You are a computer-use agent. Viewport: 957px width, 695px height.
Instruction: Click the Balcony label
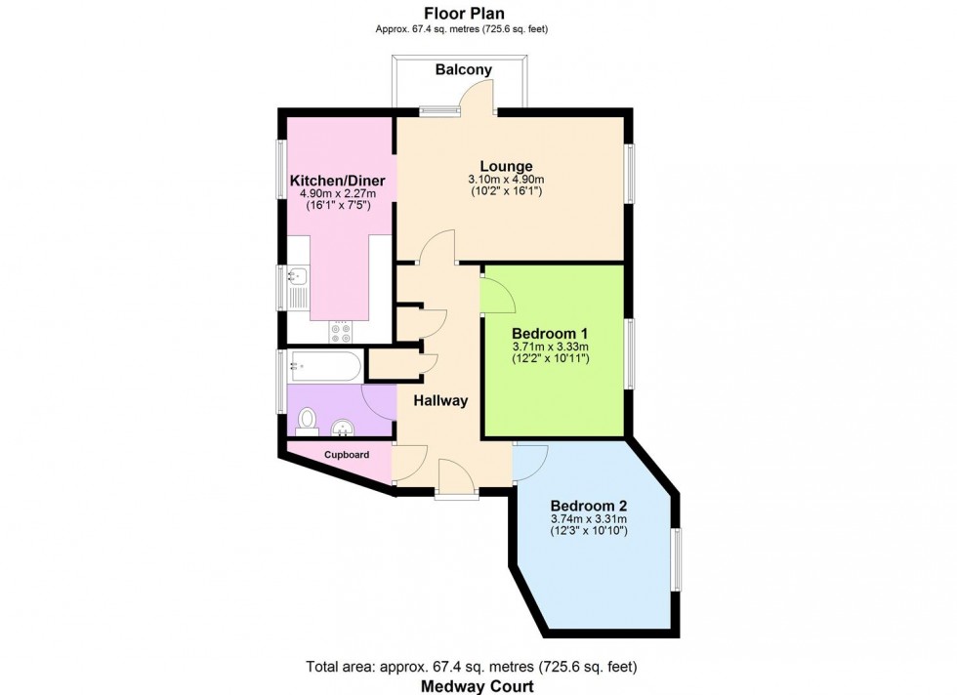tap(464, 69)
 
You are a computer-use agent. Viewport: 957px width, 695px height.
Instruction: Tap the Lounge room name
tap(505, 166)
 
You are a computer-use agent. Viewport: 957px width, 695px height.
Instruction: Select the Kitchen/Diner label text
tap(338, 182)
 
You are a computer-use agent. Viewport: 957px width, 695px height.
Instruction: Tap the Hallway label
tap(440, 400)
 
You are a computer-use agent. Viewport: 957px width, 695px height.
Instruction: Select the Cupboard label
tap(347, 455)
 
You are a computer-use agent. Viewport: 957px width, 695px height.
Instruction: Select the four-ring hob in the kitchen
tap(341, 332)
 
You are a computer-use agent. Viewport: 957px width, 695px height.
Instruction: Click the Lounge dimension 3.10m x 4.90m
tap(505, 180)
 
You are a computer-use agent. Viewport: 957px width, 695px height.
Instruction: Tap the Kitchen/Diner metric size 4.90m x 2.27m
tap(338, 195)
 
